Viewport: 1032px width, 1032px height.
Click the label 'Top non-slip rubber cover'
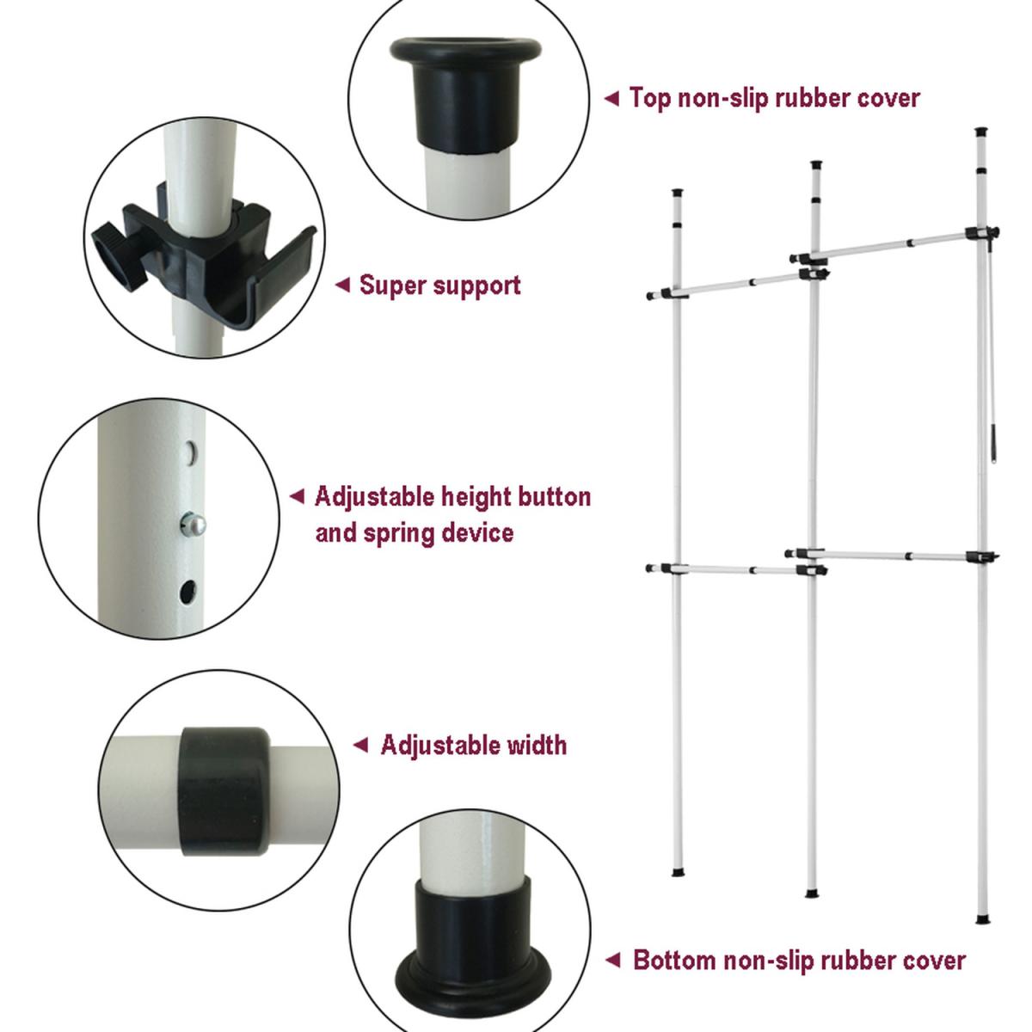(x=774, y=98)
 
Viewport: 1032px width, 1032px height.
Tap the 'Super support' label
(x=439, y=286)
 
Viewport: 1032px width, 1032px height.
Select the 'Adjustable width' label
(x=473, y=746)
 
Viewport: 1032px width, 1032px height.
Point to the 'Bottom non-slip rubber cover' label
(x=800, y=961)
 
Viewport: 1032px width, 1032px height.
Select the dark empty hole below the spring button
(x=187, y=592)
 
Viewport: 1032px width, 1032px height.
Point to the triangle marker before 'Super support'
(x=343, y=285)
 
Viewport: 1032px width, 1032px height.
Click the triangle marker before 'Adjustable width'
(x=361, y=745)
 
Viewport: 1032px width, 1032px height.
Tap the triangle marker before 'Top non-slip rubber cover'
(x=611, y=99)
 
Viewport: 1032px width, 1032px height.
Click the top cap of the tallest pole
(x=981, y=132)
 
